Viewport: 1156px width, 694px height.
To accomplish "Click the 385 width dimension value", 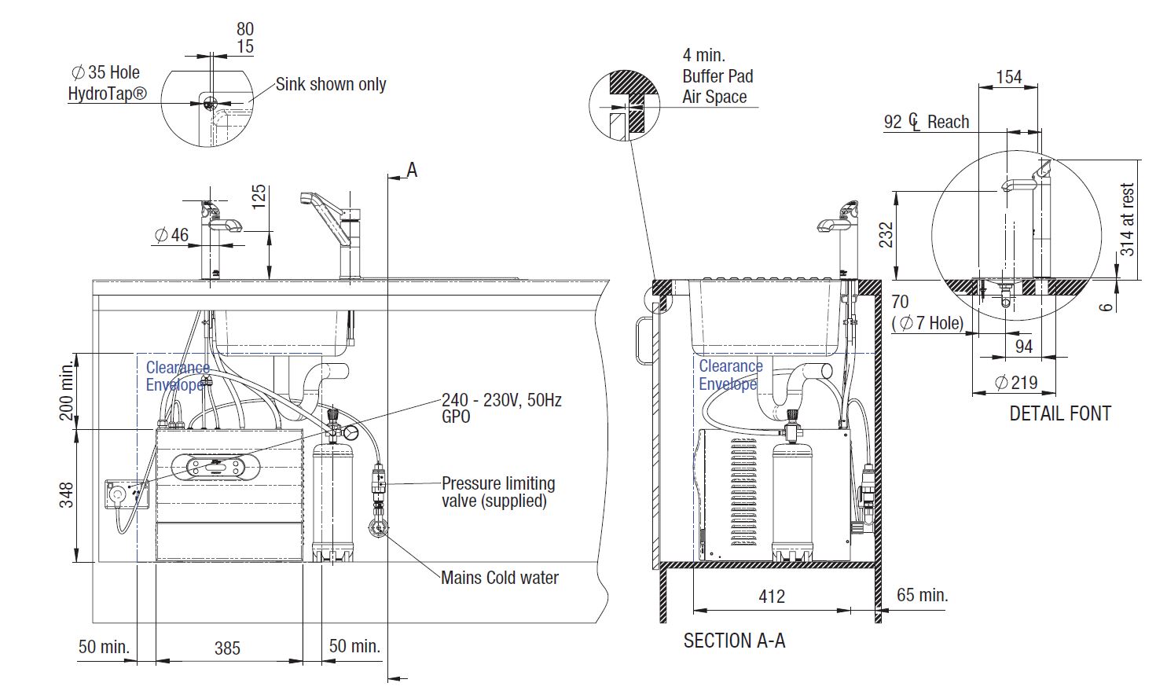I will click(x=227, y=648).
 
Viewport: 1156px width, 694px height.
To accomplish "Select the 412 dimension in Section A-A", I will click(x=771, y=597).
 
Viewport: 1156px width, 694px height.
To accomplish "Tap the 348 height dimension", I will click(x=67, y=495).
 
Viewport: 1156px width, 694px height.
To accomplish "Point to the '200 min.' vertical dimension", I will click(x=68, y=391).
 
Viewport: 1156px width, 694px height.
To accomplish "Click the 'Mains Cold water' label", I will click(x=499, y=578).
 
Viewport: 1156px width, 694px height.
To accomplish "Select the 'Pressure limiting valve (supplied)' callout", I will click(x=497, y=492).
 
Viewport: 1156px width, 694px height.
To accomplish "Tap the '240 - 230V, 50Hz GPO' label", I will click(x=501, y=407).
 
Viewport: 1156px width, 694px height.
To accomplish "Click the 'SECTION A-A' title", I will click(x=734, y=641).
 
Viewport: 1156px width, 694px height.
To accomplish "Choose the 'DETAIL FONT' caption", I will click(x=1059, y=413).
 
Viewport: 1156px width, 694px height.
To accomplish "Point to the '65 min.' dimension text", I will click(x=922, y=595).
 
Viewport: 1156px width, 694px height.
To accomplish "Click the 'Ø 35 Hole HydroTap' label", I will click(x=108, y=83).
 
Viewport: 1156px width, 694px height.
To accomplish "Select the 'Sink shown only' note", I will click(x=331, y=84).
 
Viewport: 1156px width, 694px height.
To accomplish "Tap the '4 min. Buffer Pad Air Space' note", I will click(x=717, y=76).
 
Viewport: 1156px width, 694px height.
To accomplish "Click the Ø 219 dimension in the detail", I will click(x=1016, y=383).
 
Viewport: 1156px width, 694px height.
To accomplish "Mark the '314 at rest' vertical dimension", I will click(x=1127, y=219).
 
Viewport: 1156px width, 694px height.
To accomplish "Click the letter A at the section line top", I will click(x=412, y=170).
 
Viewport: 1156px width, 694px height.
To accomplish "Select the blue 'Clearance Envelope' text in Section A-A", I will click(x=730, y=375).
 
